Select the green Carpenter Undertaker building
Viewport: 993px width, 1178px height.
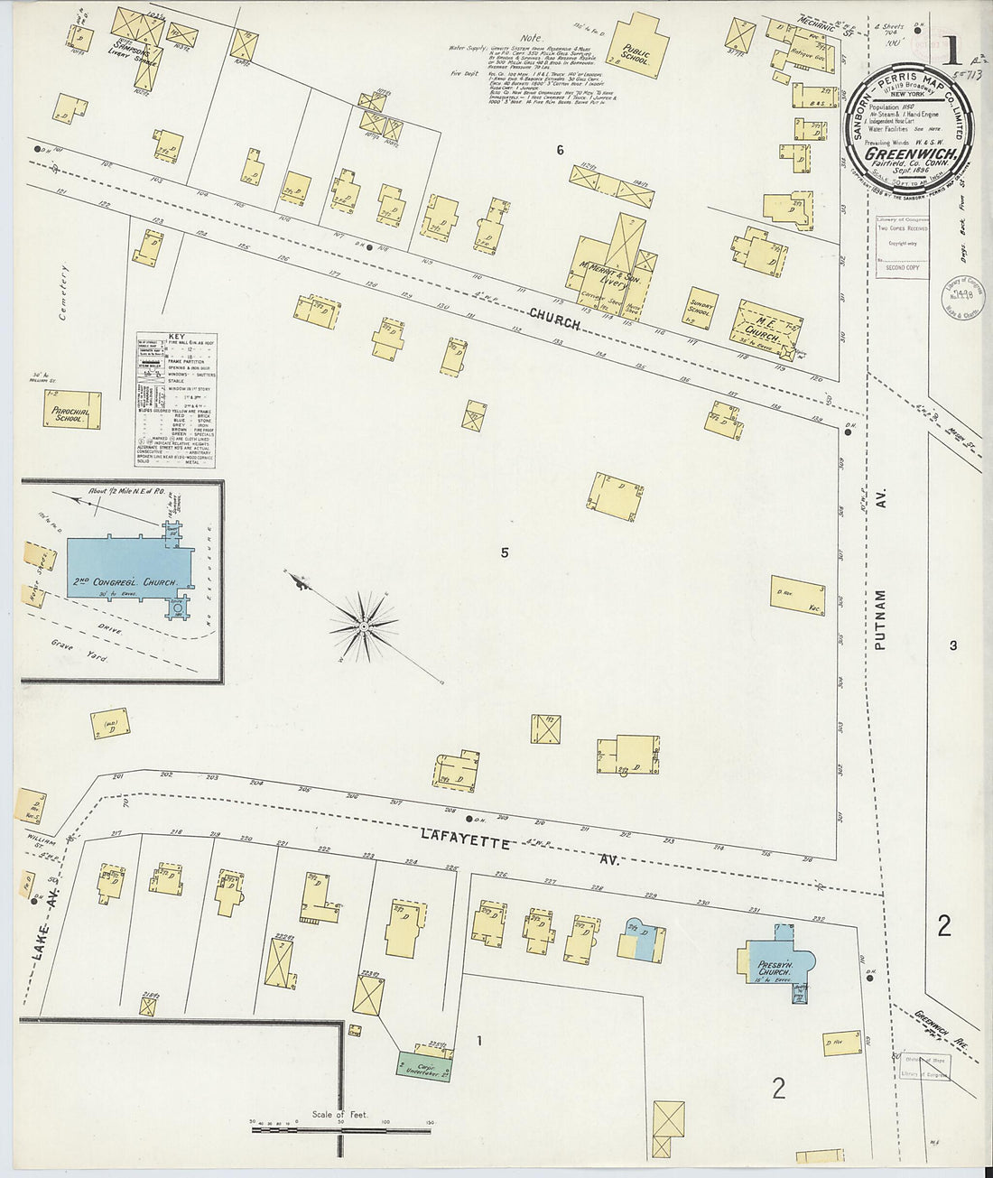click(x=424, y=1063)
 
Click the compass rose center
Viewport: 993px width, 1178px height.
click(x=363, y=625)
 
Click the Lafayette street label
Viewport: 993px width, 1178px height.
click(x=464, y=842)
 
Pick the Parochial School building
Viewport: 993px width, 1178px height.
click(x=69, y=411)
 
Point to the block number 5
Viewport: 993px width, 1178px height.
click(x=505, y=552)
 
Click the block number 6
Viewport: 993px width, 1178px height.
click(x=560, y=150)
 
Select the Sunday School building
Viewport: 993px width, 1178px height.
click(x=701, y=311)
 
